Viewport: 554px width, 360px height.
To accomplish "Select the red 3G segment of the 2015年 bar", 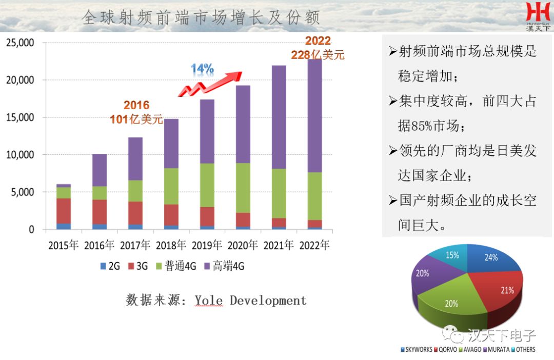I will pos(64,210).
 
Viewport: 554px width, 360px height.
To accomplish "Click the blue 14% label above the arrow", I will pos(202,69).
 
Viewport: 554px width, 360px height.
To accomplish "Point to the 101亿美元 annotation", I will pos(136,120).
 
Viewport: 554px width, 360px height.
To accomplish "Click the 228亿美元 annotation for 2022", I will pos(318,55).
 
